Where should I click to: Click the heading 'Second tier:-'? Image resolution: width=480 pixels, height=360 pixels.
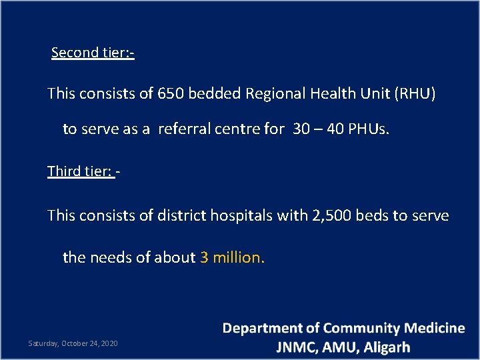point(93,52)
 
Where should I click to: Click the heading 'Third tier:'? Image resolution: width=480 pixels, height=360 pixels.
point(81,171)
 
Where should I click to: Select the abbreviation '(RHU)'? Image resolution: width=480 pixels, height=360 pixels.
point(415,93)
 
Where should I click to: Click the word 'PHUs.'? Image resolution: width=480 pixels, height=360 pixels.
point(367,129)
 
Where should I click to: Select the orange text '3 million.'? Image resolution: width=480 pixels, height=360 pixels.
point(232,257)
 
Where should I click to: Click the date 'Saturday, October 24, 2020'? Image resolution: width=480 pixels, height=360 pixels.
point(73,343)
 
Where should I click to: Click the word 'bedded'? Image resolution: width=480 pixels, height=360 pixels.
point(215,93)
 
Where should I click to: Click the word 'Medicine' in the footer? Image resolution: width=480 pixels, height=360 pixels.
point(435,329)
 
